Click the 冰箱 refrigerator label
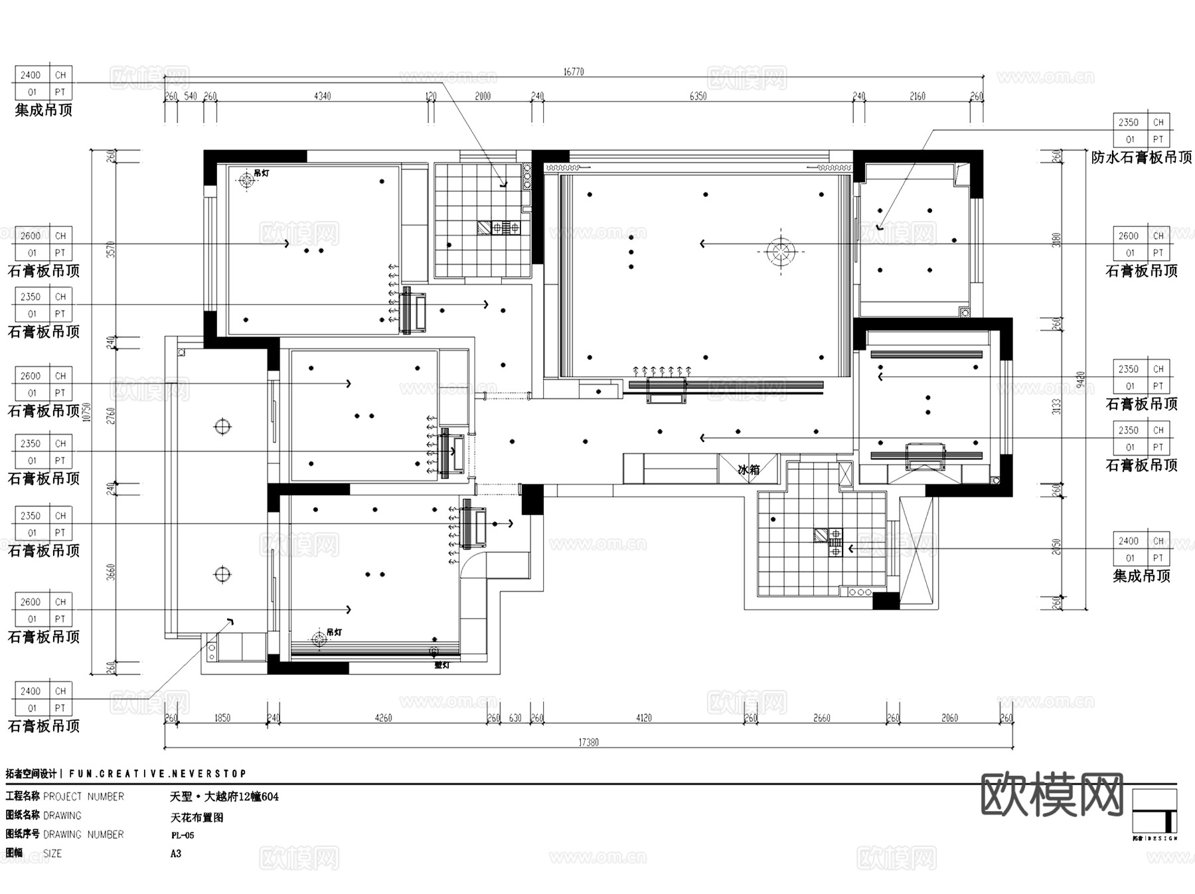[748, 470]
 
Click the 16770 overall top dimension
[574, 72]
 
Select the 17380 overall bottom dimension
[588, 742]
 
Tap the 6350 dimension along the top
[698, 96]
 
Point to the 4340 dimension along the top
[322, 96]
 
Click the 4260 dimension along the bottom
[383, 718]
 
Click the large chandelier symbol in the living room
[781, 252]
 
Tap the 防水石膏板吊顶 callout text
[1141, 157]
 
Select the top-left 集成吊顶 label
[43, 110]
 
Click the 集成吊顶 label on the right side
[1141, 576]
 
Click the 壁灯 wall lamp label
[441, 664]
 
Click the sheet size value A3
[176, 854]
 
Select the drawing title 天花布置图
[197, 817]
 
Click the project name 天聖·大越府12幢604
[224, 796]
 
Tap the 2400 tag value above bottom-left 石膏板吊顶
[30, 691]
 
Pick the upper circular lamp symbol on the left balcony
[222, 426]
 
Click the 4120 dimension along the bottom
[643, 718]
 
